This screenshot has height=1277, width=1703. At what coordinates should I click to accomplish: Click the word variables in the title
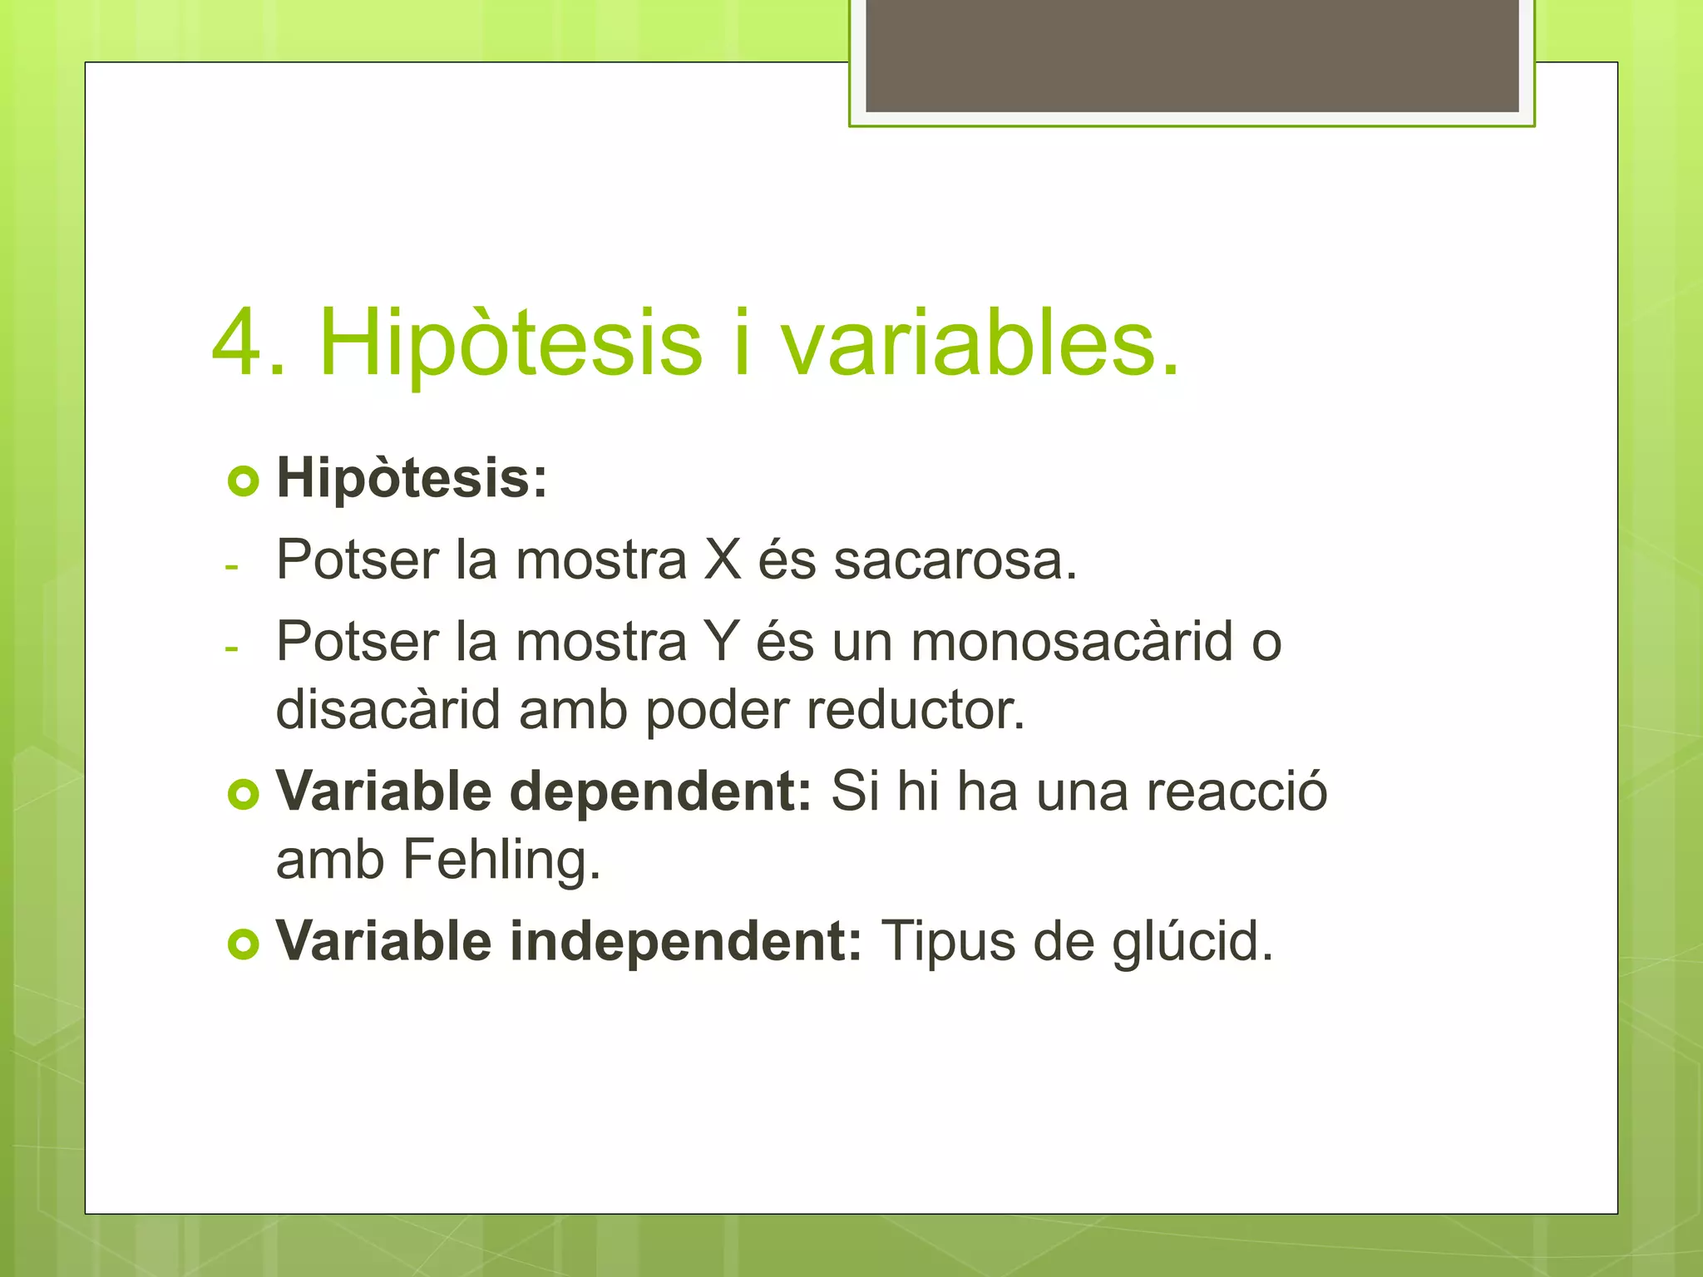click(x=979, y=343)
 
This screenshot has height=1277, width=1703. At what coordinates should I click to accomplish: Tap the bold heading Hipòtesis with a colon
click(x=412, y=479)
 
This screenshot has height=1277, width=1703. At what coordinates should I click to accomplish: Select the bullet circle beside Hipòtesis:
click(x=243, y=481)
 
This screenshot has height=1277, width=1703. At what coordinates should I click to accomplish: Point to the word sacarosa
click(x=955, y=561)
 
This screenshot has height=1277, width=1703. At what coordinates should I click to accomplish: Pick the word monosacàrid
click(x=1072, y=642)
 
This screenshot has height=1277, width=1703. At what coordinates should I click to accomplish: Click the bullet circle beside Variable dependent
click(x=243, y=795)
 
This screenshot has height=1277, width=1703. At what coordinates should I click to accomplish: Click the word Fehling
click(x=501, y=860)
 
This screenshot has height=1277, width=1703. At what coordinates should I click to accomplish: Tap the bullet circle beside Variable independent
click(x=243, y=944)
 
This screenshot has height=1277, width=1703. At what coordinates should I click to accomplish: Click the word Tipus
click(x=948, y=943)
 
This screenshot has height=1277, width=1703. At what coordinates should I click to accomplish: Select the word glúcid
click(x=1192, y=943)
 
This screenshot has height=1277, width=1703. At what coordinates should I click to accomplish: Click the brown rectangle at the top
click(x=1192, y=55)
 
